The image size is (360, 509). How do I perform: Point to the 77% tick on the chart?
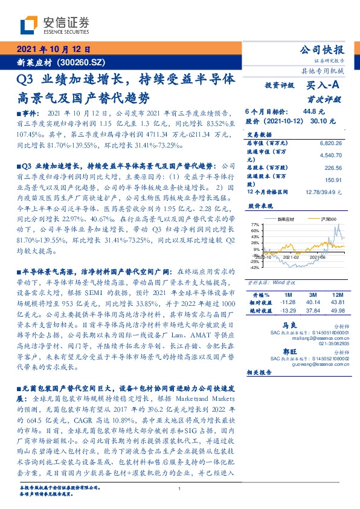(x=254, y=224)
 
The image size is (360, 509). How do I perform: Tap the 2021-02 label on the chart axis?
(x=289, y=256)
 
